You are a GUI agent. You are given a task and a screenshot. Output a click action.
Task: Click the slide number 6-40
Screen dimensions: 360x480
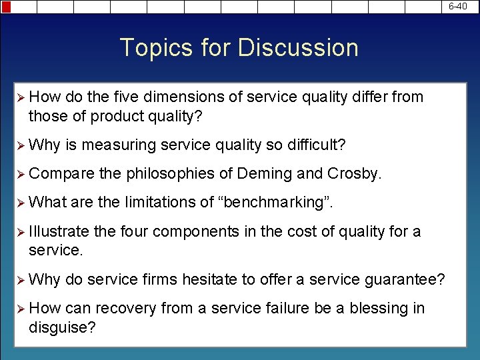pos(457,6)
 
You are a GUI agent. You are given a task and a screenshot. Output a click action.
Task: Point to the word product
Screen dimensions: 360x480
pos(118,116)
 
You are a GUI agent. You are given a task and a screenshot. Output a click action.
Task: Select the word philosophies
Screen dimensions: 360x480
pos(169,174)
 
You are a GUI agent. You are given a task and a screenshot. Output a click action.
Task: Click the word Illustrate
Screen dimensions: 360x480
pos(59,231)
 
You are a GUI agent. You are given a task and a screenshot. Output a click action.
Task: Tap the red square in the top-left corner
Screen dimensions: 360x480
pos(5,7)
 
